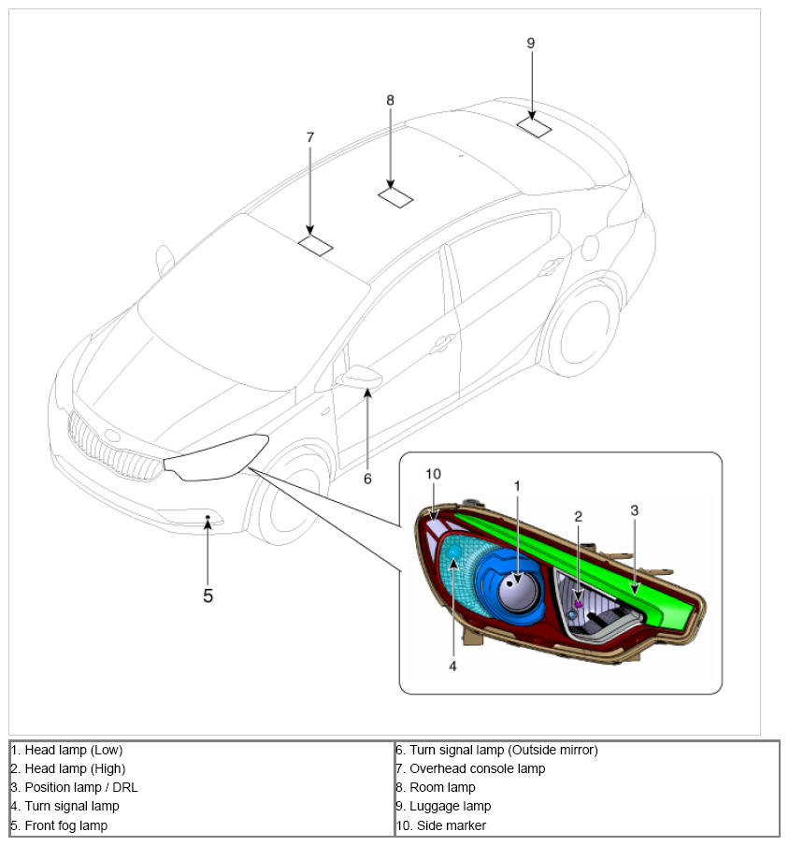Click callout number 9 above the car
[531, 43]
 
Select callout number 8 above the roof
[390, 99]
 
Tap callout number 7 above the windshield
[310, 137]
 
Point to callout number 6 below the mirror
[367, 479]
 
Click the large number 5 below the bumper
[208, 595]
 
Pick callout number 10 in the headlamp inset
[432, 475]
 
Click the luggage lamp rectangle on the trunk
[534, 127]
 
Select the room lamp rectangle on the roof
[396, 197]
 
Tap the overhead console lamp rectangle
[315, 245]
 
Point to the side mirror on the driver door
[361, 377]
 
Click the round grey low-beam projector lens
[516, 592]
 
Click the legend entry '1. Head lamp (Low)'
[67, 750]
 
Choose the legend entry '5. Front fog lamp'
[60, 825]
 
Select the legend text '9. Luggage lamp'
[443, 806]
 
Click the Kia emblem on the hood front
[112, 435]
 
